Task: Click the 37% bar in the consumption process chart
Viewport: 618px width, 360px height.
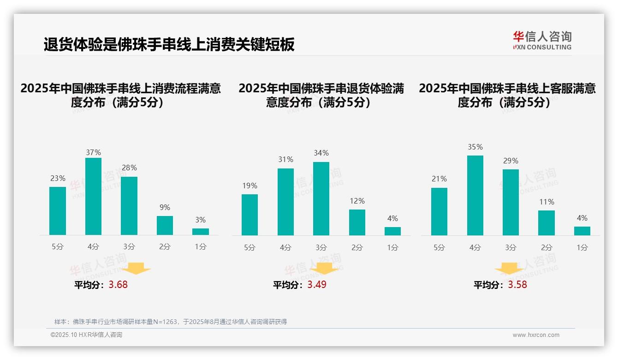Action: click(x=93, y=196)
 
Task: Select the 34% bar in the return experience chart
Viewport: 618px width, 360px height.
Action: click(x=321, y=198)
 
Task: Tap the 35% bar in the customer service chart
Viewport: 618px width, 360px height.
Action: click(x=475, y=195)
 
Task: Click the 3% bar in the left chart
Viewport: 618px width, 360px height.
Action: click(x=201, y=232)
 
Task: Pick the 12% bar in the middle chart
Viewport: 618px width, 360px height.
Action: click(x=357, y=222)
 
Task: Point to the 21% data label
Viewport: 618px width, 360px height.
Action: click(x=439, y=179)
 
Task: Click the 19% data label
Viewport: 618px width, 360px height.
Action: click(x=250, y=186)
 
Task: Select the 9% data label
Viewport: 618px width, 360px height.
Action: click(x=165, y=207)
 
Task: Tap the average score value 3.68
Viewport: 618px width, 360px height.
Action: click(x=118, y=285)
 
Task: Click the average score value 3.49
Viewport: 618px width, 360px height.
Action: click(x=317, y=285)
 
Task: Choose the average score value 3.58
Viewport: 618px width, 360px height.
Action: click(x=517, y=285)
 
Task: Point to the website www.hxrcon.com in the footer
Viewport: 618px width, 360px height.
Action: click(x=536, y=335)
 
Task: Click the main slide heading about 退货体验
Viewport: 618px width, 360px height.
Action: click(x=169, y=45)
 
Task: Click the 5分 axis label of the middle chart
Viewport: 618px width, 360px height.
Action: click(x=250, y=247)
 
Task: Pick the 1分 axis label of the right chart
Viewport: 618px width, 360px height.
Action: click(x=582, y=247)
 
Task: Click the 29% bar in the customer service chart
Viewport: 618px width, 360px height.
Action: click(x=511, y=202)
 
